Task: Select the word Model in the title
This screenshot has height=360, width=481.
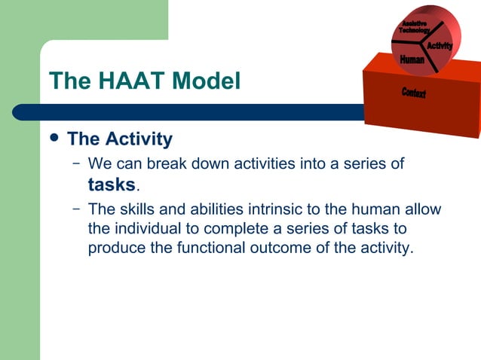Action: pyautogui.click(x=205, y=81)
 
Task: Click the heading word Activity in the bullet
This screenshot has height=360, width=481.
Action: pyautogui.click(x=139, y=139)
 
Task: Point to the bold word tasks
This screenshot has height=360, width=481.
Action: pyautogui.click(x=112, y=185)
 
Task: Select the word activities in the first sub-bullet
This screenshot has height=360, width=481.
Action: pyautogui.click(x=279, y=163)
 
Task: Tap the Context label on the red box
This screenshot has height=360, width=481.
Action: pyautogui.click(x=413, y=93)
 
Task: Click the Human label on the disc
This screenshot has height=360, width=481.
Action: pyautogui.click(x=412, y=59)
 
